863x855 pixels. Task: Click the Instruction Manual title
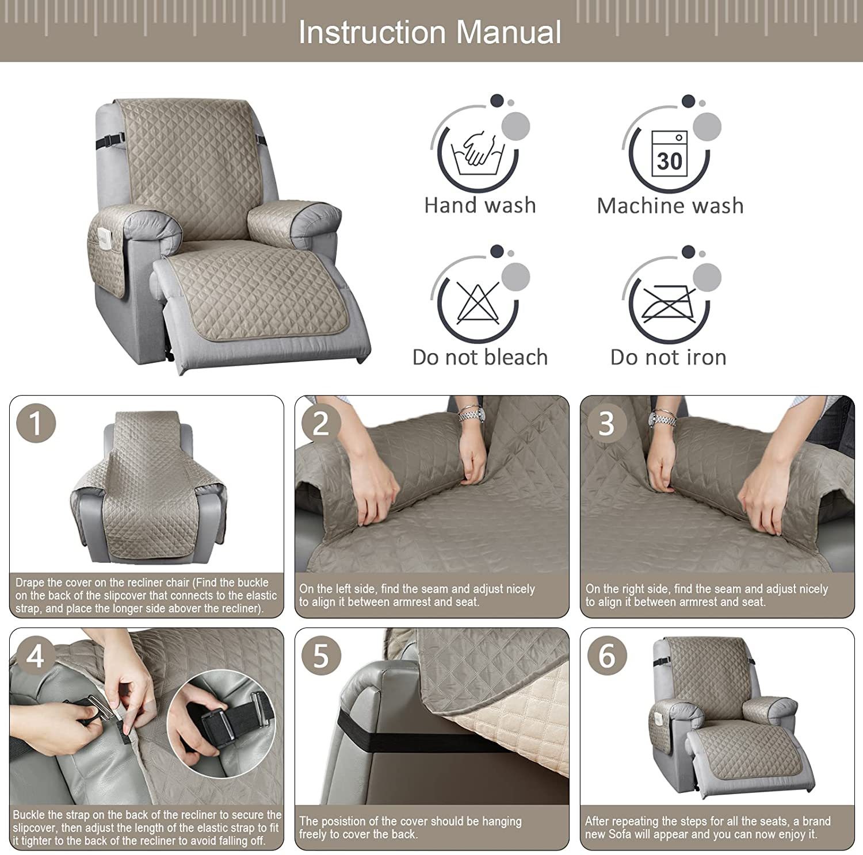pos(430,32)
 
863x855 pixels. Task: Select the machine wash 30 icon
pos(669,153)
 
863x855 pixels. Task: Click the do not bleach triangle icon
pos(478,303)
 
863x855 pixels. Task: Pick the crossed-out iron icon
pos(669,303)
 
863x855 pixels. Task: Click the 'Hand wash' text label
pos(480,205)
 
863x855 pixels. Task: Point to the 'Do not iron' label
pos(669,357)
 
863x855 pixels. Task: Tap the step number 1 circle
pos(36,423)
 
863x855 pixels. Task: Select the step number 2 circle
pos(321,423)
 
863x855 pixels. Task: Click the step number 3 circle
pos(606,423)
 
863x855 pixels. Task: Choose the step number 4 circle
pos(35,656)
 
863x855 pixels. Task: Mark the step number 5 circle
pos(321,656)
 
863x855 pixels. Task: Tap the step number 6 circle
pos(606,656)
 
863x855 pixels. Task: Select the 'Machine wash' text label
pos(670,205)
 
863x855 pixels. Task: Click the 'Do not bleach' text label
pos(480,357)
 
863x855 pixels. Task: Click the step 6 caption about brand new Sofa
pos(708,827)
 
